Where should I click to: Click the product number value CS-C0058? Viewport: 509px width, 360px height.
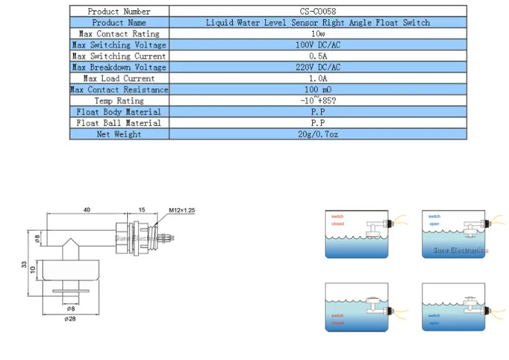pyautogui.click(x=318, y=11)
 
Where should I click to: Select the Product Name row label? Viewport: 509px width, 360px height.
pyautogui.click(x=119, y=22)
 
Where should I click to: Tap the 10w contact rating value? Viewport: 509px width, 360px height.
pyautogui.click(x=318, y=33)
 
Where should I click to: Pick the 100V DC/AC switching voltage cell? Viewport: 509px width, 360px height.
pyautogui.click(x=318, y=45)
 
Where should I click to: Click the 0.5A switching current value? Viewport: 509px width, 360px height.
pyautogui.click(x=318, y=56)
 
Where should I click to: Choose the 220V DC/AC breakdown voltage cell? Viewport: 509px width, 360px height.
pyautogui.click(x=318, y=67)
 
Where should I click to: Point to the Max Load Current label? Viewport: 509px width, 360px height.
pyautogui.click(x=119, y=78)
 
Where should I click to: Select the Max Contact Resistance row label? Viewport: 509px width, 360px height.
pyautogui.click(x=119, y=89)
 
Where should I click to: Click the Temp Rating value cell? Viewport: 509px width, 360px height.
pyautogui.click(x=318, y=100)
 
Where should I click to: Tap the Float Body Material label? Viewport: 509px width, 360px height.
pyautogui.click(x=119, y=111)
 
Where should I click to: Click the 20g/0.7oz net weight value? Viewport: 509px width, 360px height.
pyautogui.click(x=318, y=133)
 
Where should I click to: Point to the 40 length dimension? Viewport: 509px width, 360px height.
pyautogui.click(x=87, y=209)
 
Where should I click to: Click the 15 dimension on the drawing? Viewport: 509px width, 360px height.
pyautogui.click(x=142, y=209)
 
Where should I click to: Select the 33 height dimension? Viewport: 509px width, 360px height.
pyautogui.click(x=23, y=264)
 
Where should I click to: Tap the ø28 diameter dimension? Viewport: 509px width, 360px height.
pyautogui.click(x=70, y=319)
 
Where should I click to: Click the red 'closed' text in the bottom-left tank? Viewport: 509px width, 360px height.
pyautogui.click(x=337, y=323)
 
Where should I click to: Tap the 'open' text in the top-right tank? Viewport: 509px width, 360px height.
pyautogui.click(x=434, y=223)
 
